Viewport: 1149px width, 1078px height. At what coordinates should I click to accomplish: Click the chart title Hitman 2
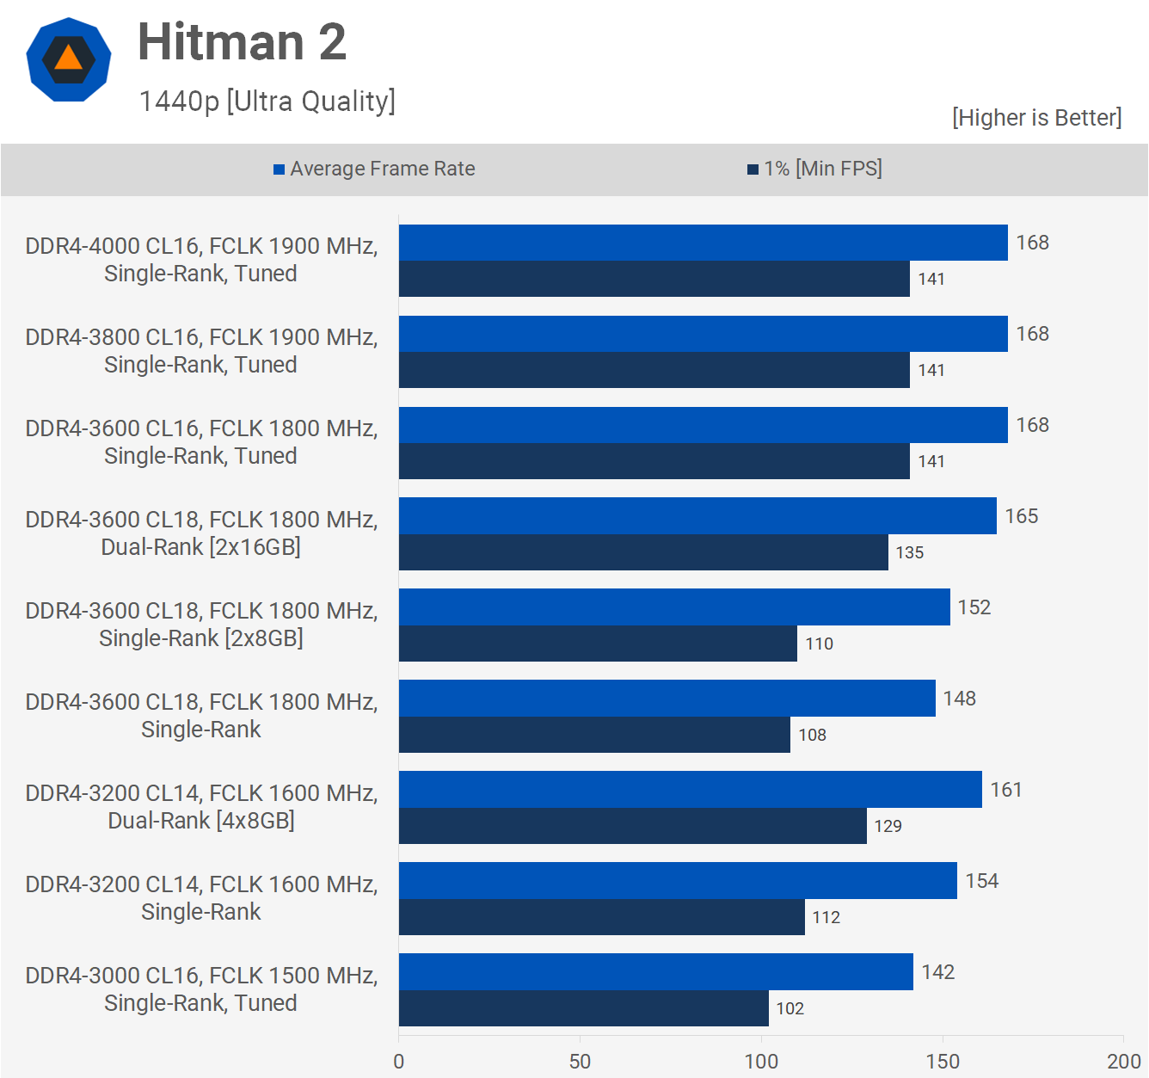[242, 42]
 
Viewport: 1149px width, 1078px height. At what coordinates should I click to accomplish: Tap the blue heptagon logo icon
[69, 59]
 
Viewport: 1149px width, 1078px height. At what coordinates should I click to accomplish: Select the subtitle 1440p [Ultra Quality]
[267, 102]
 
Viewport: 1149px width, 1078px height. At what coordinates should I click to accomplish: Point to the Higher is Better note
[1036, 118]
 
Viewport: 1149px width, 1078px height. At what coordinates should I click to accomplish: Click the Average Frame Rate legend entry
[374, 169]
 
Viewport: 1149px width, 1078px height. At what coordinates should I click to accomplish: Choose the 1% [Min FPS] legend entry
[814, 169]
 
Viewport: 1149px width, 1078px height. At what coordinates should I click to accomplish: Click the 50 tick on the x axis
[580, 1061]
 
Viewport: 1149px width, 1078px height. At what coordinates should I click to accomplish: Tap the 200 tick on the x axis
[1123, 1061]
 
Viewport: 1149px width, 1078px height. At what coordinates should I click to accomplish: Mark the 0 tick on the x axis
[398, 1061]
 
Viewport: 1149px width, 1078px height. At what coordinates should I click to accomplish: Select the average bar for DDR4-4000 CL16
[703, 243]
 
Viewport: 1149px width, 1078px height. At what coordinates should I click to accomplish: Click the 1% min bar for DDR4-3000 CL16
[583, 1008]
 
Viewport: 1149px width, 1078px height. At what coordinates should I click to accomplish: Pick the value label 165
[1022, 516]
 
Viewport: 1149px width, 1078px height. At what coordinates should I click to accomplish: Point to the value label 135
[910, 552]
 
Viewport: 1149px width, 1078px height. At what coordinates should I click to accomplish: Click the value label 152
[974, 607]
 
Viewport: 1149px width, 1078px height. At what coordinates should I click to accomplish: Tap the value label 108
[812, 735]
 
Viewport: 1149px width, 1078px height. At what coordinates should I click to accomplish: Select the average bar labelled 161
[690, 790]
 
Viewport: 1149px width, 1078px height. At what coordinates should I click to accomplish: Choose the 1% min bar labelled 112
[601, 917]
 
